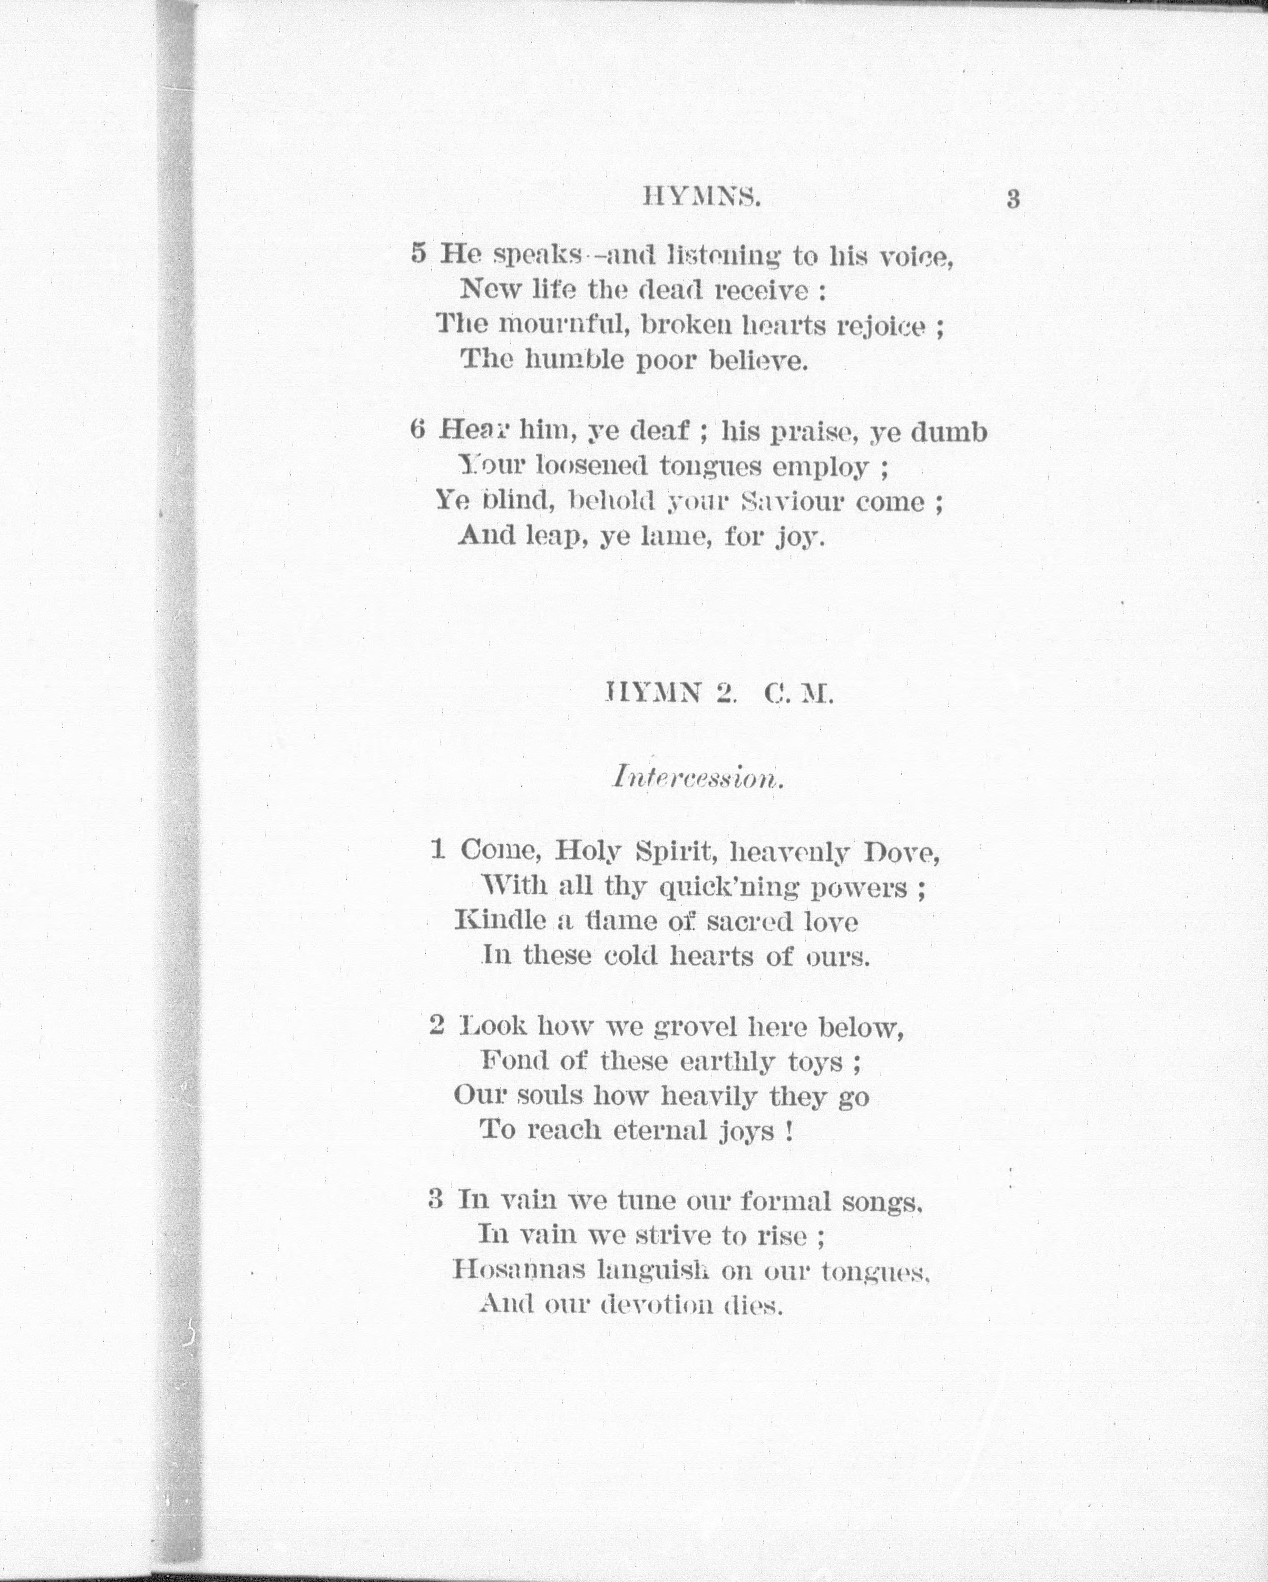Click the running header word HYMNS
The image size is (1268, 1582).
pyautogui.click(x=701, y=198)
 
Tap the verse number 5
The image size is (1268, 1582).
pyautogui.click(x=418, y=254)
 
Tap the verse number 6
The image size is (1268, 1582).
pyautogui.click(x=417, y=429)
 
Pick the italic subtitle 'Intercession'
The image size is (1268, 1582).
pyautogui.click(x=698, y=777)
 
